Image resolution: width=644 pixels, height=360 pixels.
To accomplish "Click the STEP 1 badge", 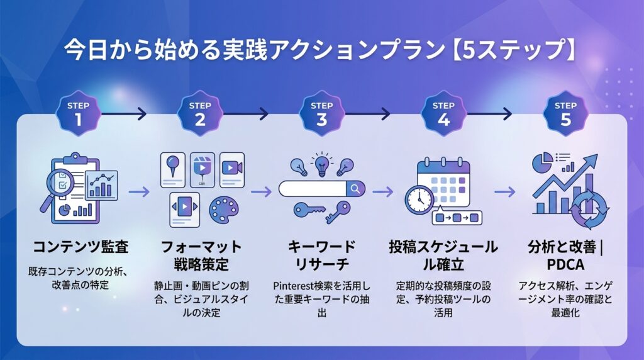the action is click(x=78, y=114).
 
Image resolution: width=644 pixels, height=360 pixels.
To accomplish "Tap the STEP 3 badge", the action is click(x=321, y=114).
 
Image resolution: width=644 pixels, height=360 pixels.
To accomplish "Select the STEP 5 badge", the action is click(x=565, y=114).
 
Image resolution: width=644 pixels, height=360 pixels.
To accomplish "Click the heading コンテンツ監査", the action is click(x=80, y=247).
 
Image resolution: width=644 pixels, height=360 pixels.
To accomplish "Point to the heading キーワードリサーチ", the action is click(x=321, y=255).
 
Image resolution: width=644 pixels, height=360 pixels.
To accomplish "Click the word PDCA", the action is click(x=565, y=265).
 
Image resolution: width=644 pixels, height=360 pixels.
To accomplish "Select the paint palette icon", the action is click(x=223, y=209).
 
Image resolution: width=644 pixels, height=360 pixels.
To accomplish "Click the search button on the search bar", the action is click(x=356, y=189).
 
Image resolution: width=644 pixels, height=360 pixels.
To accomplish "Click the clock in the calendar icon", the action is click(x=419, y=200).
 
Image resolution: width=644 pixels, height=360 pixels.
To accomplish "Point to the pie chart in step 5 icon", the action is click(x=542, y=162).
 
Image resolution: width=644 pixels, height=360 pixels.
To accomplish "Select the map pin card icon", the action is click(x=172, y=170).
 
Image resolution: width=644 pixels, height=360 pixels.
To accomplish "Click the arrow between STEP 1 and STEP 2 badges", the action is click(x=124, y=113).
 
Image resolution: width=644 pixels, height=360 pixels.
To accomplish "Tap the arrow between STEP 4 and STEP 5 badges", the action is click(x=489, y=113).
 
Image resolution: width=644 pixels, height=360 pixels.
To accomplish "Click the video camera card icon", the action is click(x=232, y=170).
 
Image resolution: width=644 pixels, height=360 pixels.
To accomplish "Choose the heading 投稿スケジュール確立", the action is click(x=443, y=255).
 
